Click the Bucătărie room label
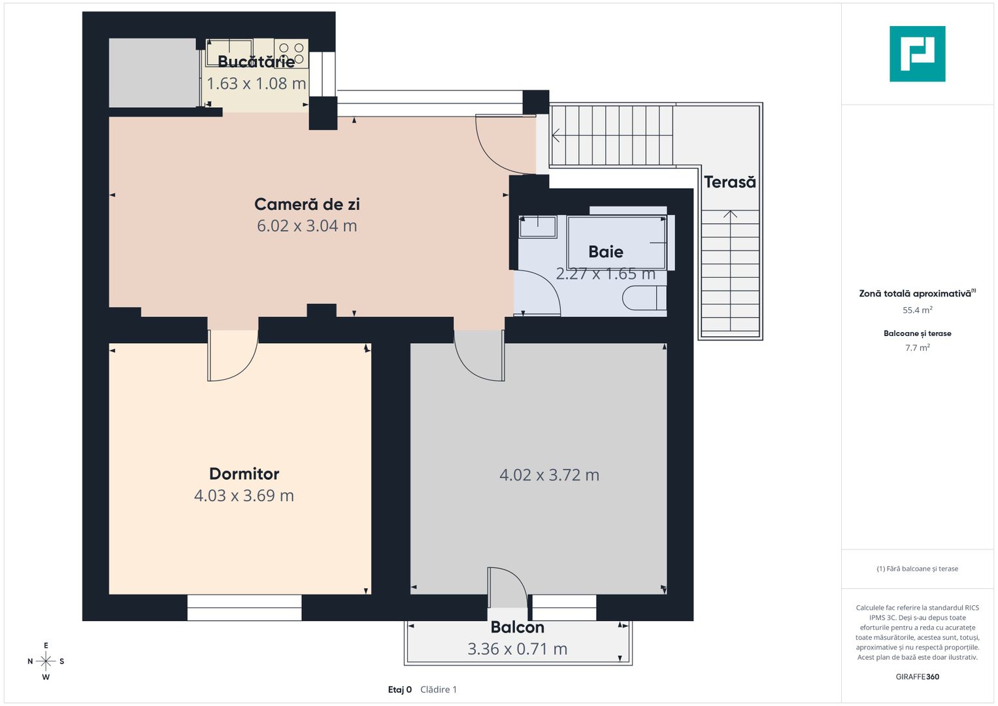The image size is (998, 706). pos(256,61)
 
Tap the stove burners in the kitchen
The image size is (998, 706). pos(291,54)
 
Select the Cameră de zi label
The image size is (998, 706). pos(307,204)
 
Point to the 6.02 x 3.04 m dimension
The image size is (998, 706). pos(307,226)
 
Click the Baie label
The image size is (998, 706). pos(605,252)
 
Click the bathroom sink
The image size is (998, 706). pos(538,226)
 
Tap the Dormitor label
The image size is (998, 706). pos(244,474)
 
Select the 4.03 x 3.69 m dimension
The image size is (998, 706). pos(244,496)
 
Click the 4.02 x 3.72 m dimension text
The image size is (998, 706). pos(550,475)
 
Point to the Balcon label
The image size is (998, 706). pos(517,628)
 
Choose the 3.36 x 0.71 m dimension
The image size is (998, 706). pos(517,649)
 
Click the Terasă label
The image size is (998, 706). pos(730,182)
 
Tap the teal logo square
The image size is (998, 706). pos(918,54)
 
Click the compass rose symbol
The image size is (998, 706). pos(46,661)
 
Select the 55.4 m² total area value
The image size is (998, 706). pos(918,310)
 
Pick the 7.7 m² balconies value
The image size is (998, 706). pos(918,348)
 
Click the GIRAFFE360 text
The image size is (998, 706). pos(918,677)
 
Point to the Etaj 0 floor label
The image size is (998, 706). pos(399,690)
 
